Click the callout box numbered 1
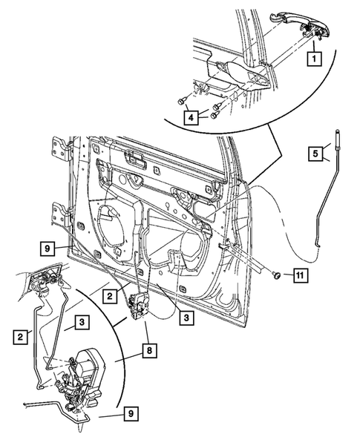[x=315, y=56]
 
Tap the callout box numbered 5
[x=315, y=154]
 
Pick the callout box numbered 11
[x=298, y=276]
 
